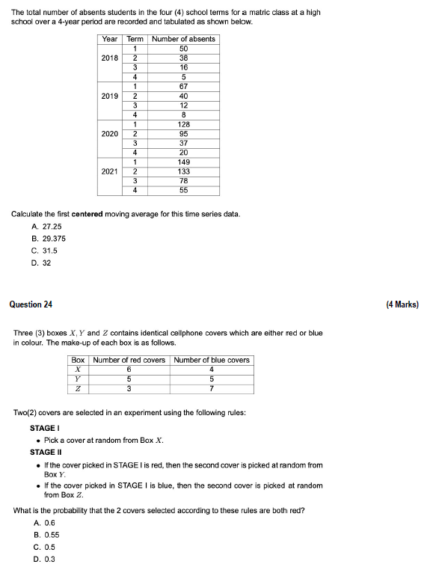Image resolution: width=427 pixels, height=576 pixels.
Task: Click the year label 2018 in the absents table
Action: (x=109, y=58)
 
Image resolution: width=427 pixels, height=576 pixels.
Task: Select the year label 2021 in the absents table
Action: (x=109, y=171)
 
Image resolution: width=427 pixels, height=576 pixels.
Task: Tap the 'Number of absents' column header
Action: (x=183, y=39)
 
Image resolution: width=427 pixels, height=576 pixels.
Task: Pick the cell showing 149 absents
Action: (x=183, y=162)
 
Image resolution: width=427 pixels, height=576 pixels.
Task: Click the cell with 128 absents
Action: (x=183, y=124)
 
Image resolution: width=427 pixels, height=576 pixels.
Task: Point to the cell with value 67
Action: (x=183, y=86)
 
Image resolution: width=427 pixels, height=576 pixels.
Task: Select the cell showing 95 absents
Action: (x=183, y=133)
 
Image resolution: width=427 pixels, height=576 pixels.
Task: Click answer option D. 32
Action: (x=40, y=263)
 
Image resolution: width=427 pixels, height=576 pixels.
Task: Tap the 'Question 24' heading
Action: (x=31, y=304)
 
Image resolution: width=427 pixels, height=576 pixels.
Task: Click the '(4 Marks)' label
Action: (x=402, y=304)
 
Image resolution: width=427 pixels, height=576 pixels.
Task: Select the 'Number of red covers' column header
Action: (x=129, y=360)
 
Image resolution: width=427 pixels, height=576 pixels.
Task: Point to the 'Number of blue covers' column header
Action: (x=212, y=360)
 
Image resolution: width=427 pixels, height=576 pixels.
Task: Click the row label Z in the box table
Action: (x=78, y=388)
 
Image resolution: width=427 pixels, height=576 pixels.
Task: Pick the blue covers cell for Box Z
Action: (x=212, y=388)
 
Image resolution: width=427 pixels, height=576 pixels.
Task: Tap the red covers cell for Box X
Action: (x=129, y=369)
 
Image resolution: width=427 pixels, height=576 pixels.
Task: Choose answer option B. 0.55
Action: (x=46, y=535)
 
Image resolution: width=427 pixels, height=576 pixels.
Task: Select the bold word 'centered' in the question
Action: (x=87, y=214)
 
